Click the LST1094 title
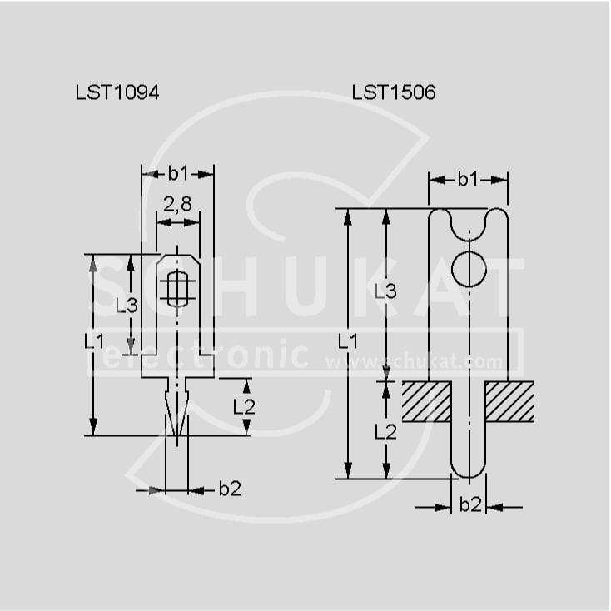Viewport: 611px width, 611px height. pos(117,92)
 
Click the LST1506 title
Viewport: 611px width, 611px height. pos(394,92)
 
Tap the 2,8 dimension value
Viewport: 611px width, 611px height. pos(177,204)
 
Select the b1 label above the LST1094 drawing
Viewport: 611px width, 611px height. pos(178,173)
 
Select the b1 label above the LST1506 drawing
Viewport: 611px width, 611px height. pos(468,179)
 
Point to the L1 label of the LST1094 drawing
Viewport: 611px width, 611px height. pos(94,341)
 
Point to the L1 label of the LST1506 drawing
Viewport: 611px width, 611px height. pos(348,341)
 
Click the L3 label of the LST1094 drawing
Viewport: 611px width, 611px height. pos(127,305)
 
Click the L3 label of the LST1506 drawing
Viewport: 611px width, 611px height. pos(385,291)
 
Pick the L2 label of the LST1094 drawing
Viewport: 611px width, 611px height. pos(244,407)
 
